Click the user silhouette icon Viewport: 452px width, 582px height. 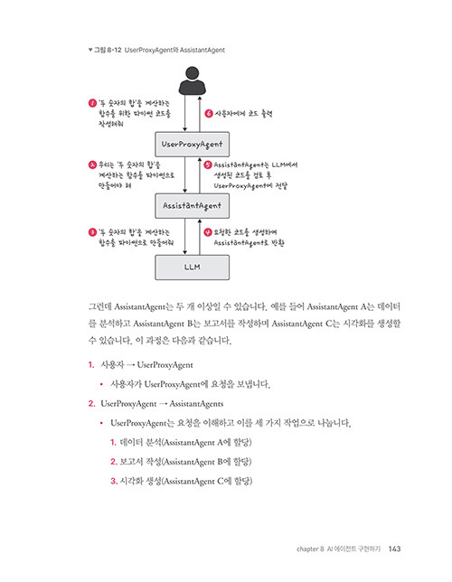click(x=192, y=80)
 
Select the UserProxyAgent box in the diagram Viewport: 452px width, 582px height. click(x=192, y=144)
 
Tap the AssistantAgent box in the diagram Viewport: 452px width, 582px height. click(x=192, y=206)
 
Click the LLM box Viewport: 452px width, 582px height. click(x=192, y=268)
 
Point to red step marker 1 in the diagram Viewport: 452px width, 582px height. click(x=92, y=103)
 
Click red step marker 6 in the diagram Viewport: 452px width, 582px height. click(x=209, y=113)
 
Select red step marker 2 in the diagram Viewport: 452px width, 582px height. click(x=92, y=164)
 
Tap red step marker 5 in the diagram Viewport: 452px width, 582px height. click(x=208, y=164)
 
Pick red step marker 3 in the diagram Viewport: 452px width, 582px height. click(x=92, y=232)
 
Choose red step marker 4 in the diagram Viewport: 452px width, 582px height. click(x=208, y=232)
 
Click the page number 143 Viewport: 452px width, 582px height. click(x=394, y=549)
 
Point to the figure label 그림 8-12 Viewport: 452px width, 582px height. click(x=108, y=50)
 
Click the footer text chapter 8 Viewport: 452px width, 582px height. click(x=310, y=549)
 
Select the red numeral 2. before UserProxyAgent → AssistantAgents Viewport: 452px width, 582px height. click(x=91, y=403)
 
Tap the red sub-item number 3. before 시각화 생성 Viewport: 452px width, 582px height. click(x=114, y=481)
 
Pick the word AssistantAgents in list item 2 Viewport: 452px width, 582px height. click(x=196, y=404)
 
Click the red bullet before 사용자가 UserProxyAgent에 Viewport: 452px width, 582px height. click(x=101, y=384)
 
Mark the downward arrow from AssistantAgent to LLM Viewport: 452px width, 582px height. click(x=185, y=237)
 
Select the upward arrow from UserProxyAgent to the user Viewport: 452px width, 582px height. click(x=200, y=114)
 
